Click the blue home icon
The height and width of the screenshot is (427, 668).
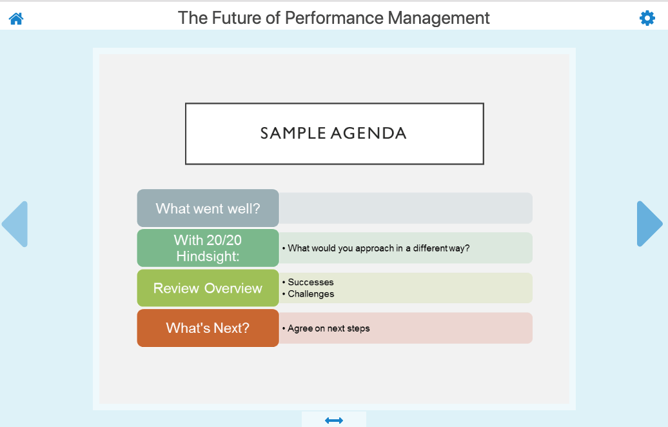pyautogui.click(x=16, y=19)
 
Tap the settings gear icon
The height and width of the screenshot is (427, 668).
pyautogui.click(x=647, y=18)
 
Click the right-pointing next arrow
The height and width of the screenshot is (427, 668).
pyautogui.click(x=650, y=224)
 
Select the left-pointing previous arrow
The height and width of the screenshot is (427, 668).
pyautogui.click(x=15, y=224)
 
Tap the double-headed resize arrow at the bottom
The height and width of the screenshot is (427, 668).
pyautogui.click(x=333, y=421)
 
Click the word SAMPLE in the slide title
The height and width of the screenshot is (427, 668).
pyautogui.click(x=293, y=134)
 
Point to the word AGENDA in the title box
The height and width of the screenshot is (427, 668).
pyautogui.click(x=369, y=134)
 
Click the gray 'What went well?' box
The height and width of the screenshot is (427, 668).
pyautogui.click(x=208, y=208)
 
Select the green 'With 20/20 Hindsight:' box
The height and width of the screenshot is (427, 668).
pyautogui.click(x=208, y=248)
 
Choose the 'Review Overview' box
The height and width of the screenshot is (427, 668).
pyautogui.click(x=208, y=288)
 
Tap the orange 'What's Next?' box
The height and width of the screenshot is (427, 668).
pyautogui.click(x=208, y=328)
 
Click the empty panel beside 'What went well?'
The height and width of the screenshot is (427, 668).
pyautogui.click(x=406, y=208)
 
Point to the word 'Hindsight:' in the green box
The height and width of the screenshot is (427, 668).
pyautogui.click(x=208, y=257)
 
